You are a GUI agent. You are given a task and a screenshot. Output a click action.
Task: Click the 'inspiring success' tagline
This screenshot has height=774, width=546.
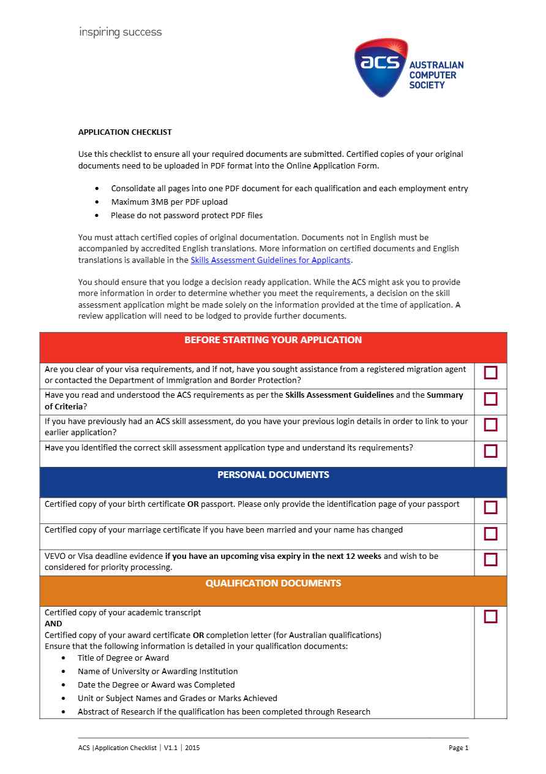click(x=121, y=32)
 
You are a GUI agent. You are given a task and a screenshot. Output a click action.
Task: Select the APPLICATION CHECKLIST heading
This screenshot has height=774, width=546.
click(x=125, y=132)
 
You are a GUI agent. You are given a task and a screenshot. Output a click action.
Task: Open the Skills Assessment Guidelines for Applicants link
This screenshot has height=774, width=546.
click(x=271, y=260)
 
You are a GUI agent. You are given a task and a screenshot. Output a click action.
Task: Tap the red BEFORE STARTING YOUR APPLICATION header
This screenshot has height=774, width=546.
click(x=273, y=340)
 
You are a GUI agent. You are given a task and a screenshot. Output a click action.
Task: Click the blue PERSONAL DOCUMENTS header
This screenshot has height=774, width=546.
click(x=273, y=475)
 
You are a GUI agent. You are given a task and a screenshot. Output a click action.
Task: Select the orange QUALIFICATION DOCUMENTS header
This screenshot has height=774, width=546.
click(x=273, y=583)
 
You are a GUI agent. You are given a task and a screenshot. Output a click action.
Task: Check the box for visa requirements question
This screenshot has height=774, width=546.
click(x=490, y=373)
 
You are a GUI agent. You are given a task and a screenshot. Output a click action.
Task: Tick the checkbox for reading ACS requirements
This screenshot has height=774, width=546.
click(x=490, y=399)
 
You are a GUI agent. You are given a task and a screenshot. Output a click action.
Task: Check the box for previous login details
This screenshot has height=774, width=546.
click(x=490, y=425)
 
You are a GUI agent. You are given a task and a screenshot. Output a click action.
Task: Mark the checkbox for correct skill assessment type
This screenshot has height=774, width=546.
click(x=490, y=451)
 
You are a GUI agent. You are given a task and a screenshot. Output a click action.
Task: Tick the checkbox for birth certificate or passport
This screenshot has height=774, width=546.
click(x=490, y=507)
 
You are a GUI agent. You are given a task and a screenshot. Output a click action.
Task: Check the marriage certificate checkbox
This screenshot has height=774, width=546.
click(x=490, y=534)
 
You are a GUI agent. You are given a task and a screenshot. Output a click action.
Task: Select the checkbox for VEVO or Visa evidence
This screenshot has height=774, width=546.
click(x=490, y=560)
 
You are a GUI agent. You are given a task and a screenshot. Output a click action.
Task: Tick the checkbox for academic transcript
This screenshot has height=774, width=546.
click(x=490, y=617)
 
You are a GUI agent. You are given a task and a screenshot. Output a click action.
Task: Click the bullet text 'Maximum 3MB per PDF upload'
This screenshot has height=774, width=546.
click(x=169, y=202)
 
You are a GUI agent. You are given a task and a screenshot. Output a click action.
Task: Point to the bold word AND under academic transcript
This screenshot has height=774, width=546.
click(x=53, y=624)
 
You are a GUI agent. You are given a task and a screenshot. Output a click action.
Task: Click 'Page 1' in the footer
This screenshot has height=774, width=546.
click(x=458, y=748)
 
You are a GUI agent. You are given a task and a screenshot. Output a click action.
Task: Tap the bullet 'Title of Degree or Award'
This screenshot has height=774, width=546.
click(x=123, y=658)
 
